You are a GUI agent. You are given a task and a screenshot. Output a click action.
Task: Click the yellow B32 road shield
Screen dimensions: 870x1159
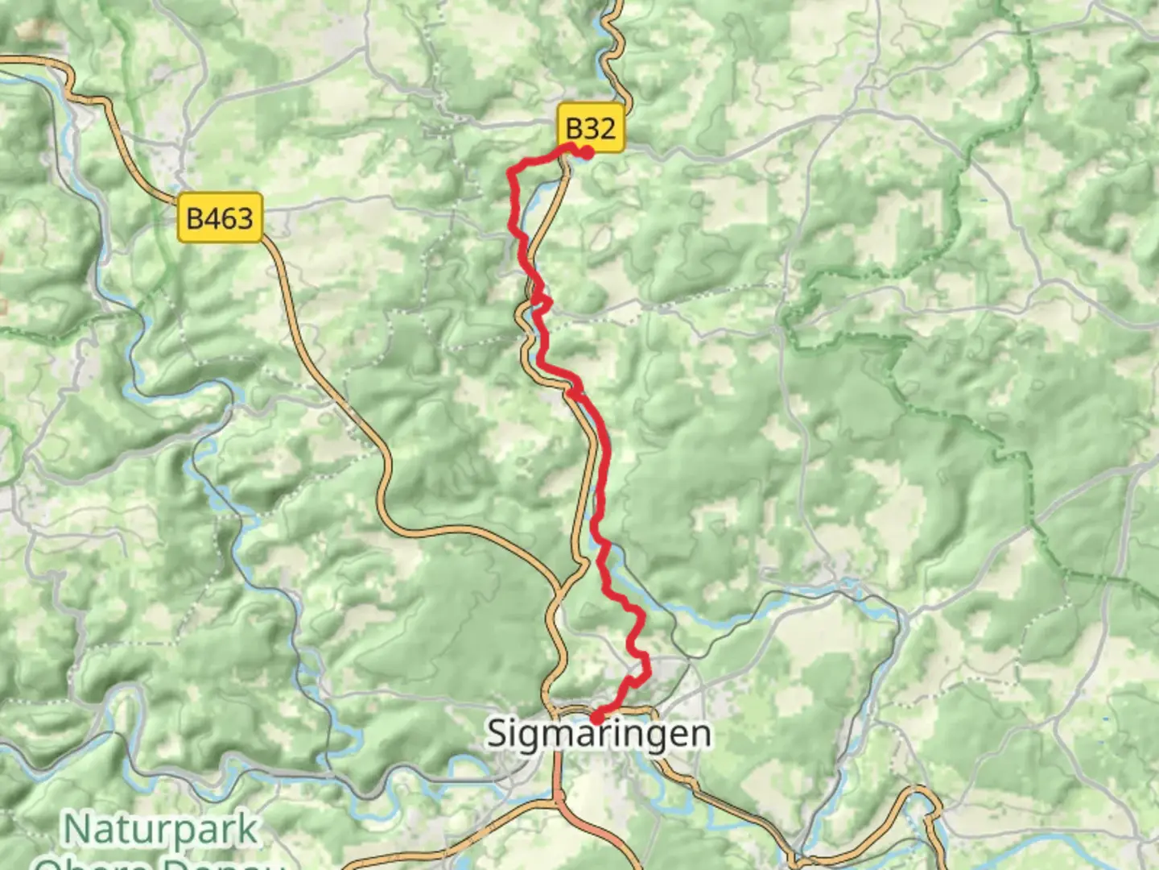591,128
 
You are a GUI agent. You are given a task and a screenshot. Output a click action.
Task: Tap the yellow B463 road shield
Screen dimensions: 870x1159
220,217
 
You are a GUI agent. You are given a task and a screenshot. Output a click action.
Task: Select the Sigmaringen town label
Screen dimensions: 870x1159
599,734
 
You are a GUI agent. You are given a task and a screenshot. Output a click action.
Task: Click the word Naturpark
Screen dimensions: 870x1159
161,830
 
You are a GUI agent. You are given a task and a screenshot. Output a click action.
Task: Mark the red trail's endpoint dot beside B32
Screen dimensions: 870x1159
588,152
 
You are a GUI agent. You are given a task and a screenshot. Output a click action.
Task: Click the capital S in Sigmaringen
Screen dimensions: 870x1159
499,734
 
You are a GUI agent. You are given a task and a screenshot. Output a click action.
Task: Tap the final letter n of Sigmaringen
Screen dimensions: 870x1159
700,735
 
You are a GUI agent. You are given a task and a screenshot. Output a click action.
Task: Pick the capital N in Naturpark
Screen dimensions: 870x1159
76,829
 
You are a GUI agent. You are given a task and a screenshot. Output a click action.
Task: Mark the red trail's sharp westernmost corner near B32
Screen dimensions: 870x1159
510,171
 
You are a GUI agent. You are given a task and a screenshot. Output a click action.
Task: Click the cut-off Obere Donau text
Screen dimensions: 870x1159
161,864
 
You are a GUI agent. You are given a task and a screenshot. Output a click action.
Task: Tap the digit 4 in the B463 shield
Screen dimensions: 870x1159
212,217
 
